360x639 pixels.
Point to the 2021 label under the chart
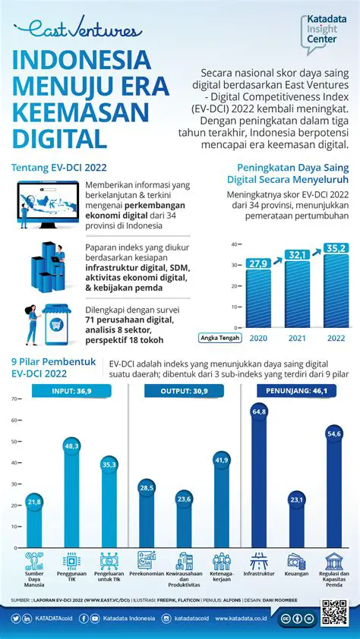pyautogui.click(x=296, y=336)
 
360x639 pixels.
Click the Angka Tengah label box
pyautogui.click(x=219, y=336)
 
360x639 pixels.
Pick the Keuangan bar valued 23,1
pyautogui.click(x=296, y=524)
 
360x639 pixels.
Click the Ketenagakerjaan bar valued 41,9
pyautogui.click(x=221, y=505)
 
